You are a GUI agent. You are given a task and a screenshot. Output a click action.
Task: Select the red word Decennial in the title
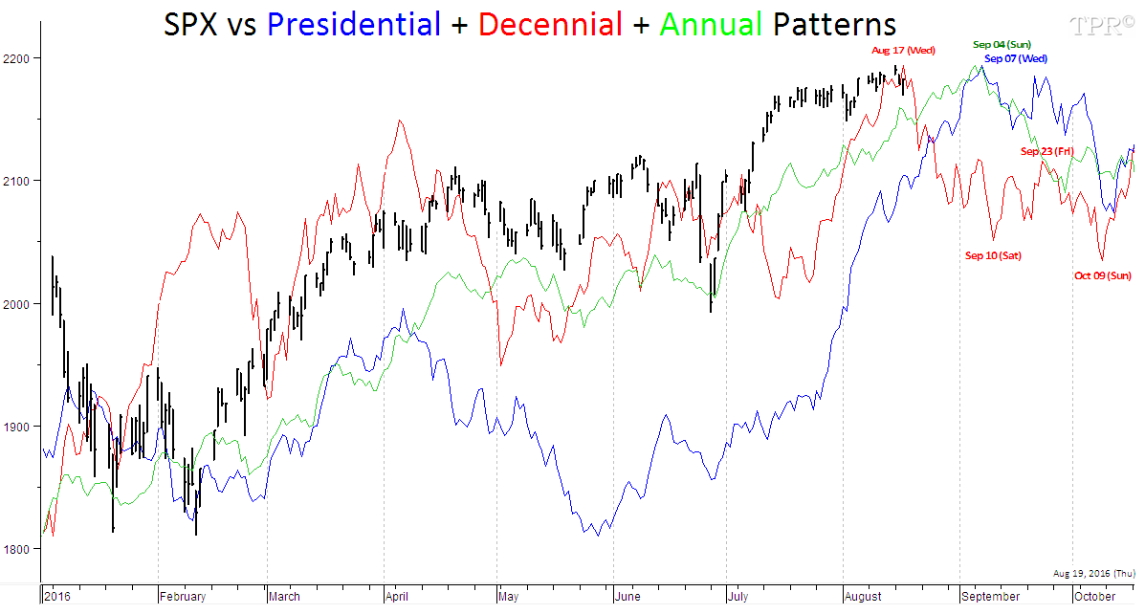tap(550, 24)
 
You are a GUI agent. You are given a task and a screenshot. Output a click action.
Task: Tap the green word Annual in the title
tap(711, 24)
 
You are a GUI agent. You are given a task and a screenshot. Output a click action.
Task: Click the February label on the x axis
tap(183, 597)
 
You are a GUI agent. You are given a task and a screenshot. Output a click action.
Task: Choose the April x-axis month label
tap(397, 597)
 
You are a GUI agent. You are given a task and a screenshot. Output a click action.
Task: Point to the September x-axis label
tap(992, 597)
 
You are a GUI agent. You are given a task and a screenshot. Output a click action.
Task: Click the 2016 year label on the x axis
tap(57, 597)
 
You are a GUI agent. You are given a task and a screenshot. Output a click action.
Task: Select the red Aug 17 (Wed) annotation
tap(903, 50)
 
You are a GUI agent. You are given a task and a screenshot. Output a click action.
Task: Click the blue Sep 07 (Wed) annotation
tap(1016, 58)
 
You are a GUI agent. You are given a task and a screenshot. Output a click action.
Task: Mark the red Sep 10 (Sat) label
tap(993, 255)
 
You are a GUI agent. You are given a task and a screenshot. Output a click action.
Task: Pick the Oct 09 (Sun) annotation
tap(1103, 275)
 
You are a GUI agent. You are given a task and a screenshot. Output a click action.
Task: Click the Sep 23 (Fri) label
tap(1047, 151)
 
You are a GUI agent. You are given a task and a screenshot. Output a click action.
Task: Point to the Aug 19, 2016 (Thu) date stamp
tap(1094, 573)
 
